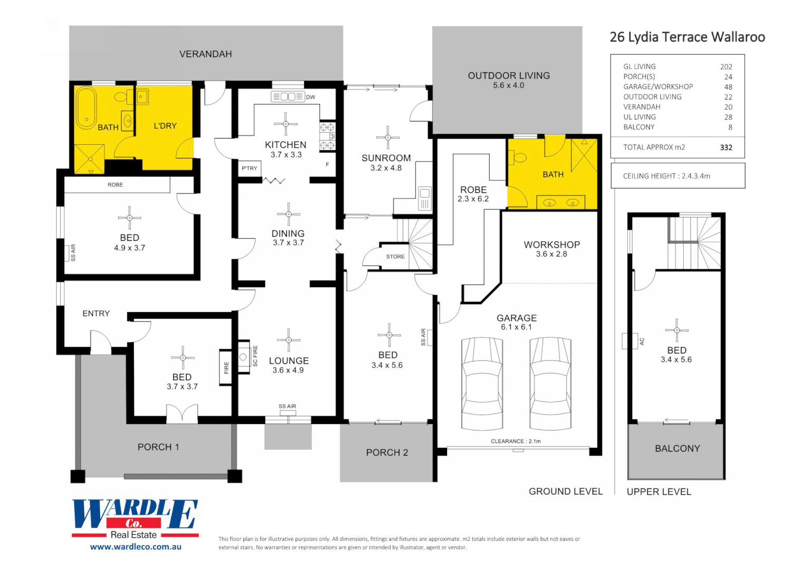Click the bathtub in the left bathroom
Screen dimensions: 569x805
pos(86,107)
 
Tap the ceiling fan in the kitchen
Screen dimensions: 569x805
pos(286,124)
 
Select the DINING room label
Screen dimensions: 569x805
pos(288,233)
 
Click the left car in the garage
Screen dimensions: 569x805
pos(482,384)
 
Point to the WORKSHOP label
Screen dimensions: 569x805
pos(551,244)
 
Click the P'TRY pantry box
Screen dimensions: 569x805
pos(249,168)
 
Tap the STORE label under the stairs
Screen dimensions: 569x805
pos(395,257)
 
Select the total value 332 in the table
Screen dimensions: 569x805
pos(726,148)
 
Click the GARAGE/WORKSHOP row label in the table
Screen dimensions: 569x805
pos(658,87)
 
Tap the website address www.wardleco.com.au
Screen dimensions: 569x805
pos(135,547)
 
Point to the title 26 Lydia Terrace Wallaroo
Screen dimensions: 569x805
pos(687,37)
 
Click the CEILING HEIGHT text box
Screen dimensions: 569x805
pos(677,176)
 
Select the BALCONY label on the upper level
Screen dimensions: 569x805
pos(677,448)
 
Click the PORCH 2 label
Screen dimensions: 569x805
pos(387,453)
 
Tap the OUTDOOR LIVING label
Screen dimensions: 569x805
pos(509,76)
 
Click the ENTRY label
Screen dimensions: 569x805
pos(96,313)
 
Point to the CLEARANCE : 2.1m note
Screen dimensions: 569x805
pos(516,442)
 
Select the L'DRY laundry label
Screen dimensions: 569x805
pos(165,126)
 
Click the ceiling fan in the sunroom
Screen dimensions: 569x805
pos(388,138)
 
